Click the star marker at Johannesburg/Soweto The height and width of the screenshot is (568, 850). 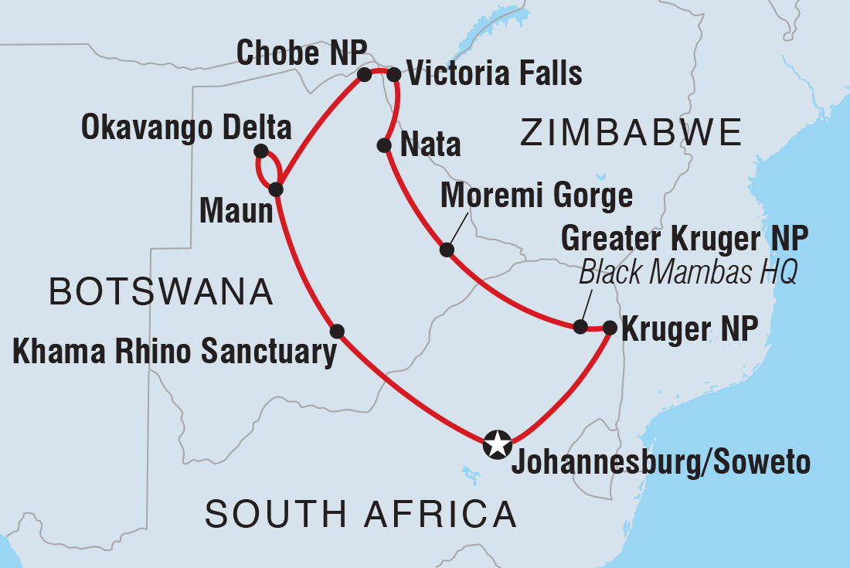(x=497, y=445)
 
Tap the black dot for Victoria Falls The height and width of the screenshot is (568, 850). (x=393, y=75)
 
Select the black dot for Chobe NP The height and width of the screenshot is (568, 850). (x=364, y=75)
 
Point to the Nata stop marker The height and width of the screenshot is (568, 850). (x=383, y=145)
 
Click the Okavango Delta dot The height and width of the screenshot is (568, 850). (x=260, y=151)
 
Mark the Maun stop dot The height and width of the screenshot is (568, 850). (x=276, y=189)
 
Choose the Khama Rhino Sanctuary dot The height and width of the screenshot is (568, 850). (x=337, y=332)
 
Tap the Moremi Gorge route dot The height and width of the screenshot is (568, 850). (x=446, y=250)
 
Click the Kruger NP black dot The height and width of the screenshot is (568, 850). (x=609, y=328)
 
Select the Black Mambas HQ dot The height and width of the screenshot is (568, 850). (x=580, y=327)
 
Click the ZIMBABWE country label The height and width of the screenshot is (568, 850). (x=631, y=132)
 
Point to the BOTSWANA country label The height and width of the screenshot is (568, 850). (x=161, y=293)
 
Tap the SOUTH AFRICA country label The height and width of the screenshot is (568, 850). (x=360, y=514)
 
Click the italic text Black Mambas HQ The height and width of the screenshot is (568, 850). (x=687, y=273)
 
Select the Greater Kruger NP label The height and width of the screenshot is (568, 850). (x=685, y=240)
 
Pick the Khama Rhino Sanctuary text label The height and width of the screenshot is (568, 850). (x=173, y=352)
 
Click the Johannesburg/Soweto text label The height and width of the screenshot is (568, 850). (x=660, y=462)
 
